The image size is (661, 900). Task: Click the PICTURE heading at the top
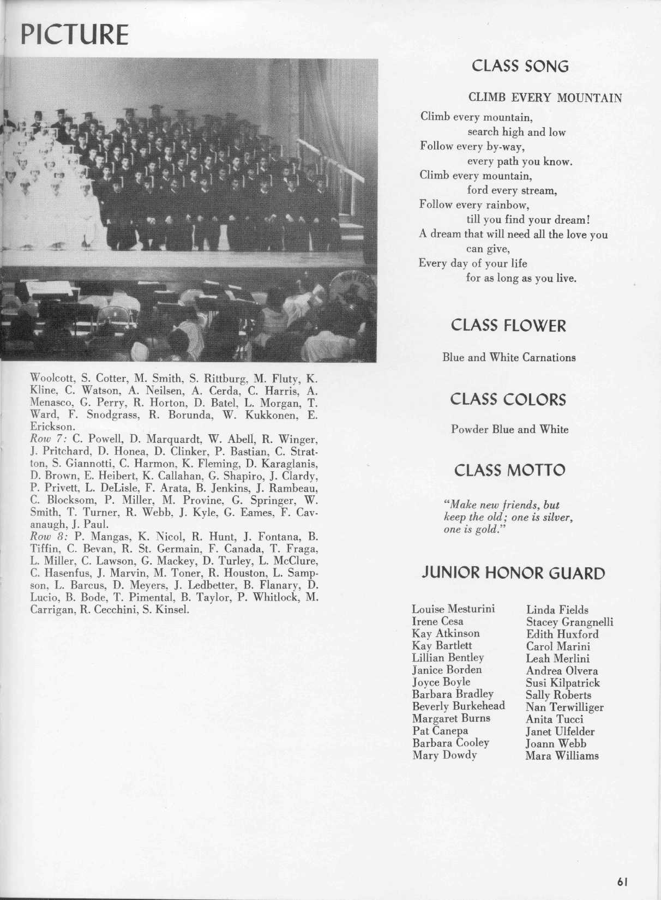click(x=74, y=34)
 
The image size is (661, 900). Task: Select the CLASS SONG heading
click(x=520, y=66)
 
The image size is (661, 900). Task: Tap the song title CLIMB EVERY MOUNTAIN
click(x=545, y=98)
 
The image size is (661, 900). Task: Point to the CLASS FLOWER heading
click(x=508, y=326)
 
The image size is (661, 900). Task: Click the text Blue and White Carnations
click(x=509, y=358)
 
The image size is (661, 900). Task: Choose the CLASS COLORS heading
click(x=508, y=399)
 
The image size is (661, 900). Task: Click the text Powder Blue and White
click(x=509, y=429)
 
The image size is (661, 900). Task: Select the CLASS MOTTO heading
click(x=509, y=470)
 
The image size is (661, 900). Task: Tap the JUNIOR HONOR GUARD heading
click(x=513, y=573)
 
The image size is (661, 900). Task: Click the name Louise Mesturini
click(x=453, y=609)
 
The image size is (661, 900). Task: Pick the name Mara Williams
click(x=562, y=756)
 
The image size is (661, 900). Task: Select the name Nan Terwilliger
click(x=564, y=707)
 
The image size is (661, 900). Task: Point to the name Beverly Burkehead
click(x=458, y=706)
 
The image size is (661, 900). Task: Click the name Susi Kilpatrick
click(x=562, y=683)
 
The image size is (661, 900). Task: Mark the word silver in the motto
click(x=556, y=517)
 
